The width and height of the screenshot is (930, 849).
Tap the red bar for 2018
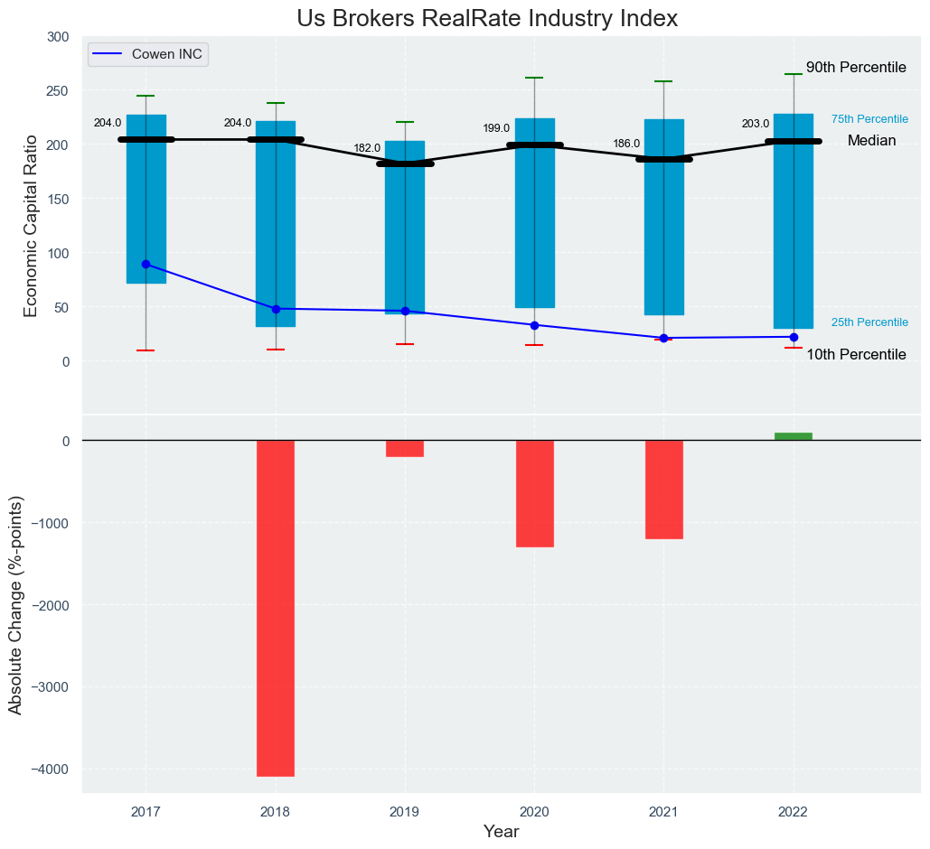click(x=276, y=608)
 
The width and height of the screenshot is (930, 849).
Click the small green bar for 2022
click(x=794, y=436)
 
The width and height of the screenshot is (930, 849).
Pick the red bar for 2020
click(x=534, y=493)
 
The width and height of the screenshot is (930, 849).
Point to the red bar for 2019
click(x=405, y=448)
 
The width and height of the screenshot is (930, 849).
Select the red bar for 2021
click(x=664, y=490)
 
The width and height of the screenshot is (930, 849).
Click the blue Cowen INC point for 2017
click(x=146, y=265)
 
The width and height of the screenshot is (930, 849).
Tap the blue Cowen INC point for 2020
click(x=534, y=325)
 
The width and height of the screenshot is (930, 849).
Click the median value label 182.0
click(x=367, y=148)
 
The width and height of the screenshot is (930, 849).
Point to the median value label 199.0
click(x=496, y=128)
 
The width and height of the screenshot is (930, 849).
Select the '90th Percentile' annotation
click(x=856, y=68)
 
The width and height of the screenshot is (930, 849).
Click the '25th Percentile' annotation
click(x=869, y=322)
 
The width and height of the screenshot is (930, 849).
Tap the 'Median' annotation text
click(x=871, y=141)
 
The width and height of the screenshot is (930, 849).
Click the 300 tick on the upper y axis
click(x=57, y=37)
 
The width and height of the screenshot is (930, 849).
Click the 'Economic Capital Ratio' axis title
click(x=31, y=226)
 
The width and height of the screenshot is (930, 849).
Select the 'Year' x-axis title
click(x=501, y=832)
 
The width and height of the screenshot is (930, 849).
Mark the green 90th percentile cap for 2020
click(x=534, y=78)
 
